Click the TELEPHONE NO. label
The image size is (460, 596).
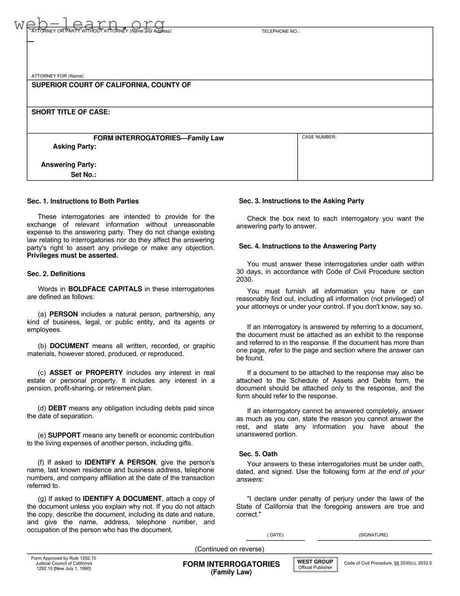pos(280,31)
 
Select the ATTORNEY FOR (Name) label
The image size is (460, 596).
pos(57,76)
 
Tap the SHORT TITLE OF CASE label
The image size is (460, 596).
pos(70,112)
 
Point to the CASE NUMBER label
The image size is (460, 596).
pos(319,137)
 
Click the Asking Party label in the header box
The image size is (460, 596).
pos(74,147)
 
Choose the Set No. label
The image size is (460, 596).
pos(83,175)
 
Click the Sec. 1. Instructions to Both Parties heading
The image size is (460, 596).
pos(83,201)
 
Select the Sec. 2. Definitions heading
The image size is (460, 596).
pos(56,274)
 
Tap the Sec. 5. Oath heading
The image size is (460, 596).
pos(258,454)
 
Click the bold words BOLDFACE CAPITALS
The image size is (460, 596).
pos(105,289)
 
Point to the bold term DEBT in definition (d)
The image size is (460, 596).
pos(57,408)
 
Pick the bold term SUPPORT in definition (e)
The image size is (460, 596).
pos(64,435)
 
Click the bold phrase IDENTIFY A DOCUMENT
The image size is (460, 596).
pos(122,499)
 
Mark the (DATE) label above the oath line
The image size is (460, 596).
pos(275,535)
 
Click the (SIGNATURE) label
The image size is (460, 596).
pos(373,535)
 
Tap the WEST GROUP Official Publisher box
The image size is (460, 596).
pos(315,565)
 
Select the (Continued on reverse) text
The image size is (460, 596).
pos(229,549)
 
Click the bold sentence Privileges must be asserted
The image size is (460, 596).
pos(72,256)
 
